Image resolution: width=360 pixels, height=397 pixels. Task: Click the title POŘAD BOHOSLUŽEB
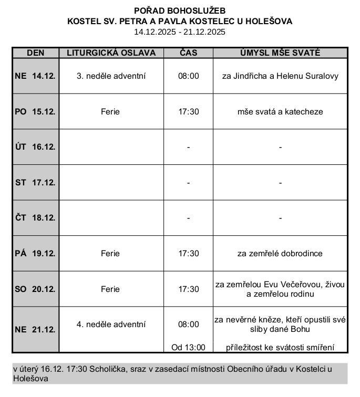180,11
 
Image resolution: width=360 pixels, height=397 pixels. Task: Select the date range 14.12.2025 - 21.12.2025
180,32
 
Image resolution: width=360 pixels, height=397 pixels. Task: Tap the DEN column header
35,53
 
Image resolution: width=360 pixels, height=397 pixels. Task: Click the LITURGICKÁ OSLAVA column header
111,53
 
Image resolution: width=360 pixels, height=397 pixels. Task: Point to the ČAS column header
188,53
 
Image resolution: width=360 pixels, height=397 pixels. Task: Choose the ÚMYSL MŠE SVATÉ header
280,53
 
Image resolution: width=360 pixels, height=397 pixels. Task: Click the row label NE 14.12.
35,76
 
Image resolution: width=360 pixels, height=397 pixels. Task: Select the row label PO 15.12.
35,112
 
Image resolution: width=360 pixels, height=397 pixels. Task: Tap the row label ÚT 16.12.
35,147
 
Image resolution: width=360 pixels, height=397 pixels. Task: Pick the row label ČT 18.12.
35,218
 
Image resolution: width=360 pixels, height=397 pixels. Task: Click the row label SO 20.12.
35,289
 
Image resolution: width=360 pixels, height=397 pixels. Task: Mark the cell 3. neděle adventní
111,76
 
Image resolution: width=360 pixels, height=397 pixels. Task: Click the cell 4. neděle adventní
111,325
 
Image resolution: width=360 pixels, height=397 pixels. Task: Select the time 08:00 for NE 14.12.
188,76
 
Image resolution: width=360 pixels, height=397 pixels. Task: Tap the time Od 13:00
188,347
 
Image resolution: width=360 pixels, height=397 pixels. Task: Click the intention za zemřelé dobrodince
280,254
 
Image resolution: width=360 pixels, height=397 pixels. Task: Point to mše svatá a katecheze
280,112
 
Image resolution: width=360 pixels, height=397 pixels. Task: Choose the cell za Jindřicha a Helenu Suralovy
280,76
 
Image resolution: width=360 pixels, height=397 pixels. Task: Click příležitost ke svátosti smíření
280,347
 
